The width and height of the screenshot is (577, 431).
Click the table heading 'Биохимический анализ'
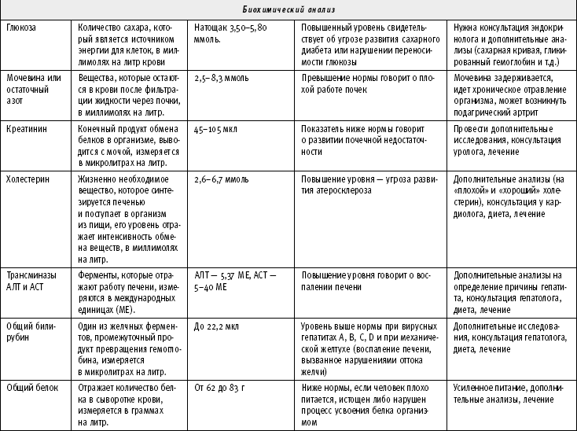pos(288,9)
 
